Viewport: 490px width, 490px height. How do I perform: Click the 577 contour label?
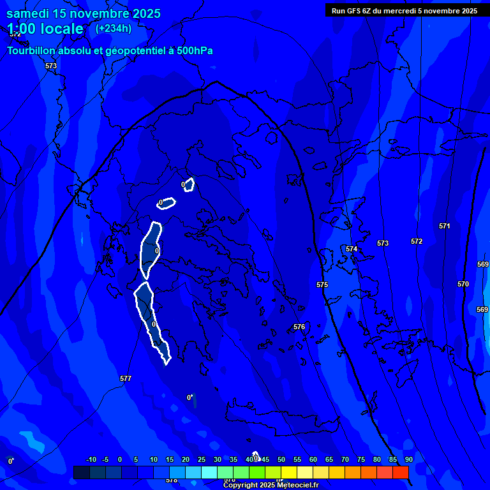pyautogui.click(x=126, y=378)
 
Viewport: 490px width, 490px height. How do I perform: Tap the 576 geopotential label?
pyautogui.click(x=299, y=327)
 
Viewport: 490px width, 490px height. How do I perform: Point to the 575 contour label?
pyautogui.click(x=322, y=285)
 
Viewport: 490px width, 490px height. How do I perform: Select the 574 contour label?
pyautogui.click(x=352, y=249)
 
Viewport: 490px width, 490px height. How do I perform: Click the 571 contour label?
pyautogui.click(x=445, y=226)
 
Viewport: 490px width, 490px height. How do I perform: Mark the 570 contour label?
pyautogui.click(x=463, y=284)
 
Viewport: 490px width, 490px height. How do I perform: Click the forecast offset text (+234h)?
pyautogui.click(x=114, y=28)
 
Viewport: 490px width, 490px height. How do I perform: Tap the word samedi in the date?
pyautogui.click(x=28, y=13)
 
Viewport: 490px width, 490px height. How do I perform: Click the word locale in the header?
pyautogui.click(x=60, y=29)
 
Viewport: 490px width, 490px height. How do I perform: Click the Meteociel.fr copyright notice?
pyautogui.click(x=271, y=486)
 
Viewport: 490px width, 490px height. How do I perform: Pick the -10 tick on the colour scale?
pyautogui.click(x=91, y=459)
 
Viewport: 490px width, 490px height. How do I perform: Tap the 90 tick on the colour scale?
pyautogui.click(x=408, y=459)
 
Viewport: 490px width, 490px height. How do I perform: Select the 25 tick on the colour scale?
pyautogui.click(x=202, y=459)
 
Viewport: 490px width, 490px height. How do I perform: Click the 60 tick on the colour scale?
pyautogui.click(x=313, y=459)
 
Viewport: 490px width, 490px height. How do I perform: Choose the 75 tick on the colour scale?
pyautogui.click(x=360, y=459)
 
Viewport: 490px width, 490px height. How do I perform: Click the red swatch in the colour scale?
pyautogui.click(x=400, y=472)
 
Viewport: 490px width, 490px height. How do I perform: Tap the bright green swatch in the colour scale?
pyautogui.click(x=256, y=472)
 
